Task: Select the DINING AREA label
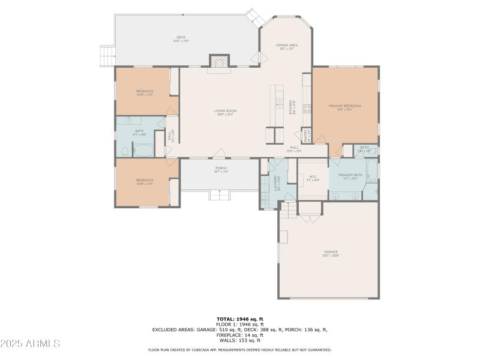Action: (x=287, y=46)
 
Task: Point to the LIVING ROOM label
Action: (x=226, y=112)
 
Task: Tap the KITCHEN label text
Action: (x=292, y=108)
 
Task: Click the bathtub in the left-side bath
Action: (x=143, y=149)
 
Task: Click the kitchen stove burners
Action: (x=307, y=109)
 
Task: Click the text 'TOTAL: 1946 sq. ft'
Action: (x=240, y=319)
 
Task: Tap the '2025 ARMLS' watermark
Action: (x=30, y=344)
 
